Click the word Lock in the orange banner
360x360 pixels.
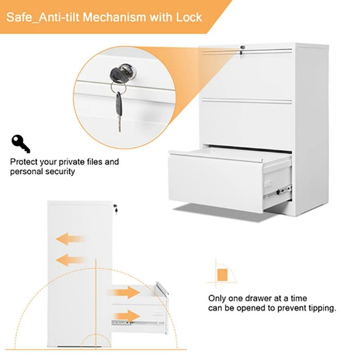(189, 17)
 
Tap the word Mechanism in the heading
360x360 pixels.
(114, 17)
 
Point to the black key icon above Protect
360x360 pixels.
(21, 144)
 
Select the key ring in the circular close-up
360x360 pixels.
(118, 87)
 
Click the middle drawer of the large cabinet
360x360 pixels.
(247, 122)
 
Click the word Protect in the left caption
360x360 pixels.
(24, 162)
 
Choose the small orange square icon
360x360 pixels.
(222, 275)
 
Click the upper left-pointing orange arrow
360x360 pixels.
(70, 239)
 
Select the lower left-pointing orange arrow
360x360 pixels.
(70, 260)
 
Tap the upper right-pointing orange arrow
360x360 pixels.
(123, 292)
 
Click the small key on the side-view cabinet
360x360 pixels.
(116, 209)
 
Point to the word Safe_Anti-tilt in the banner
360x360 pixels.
(43, 17)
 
